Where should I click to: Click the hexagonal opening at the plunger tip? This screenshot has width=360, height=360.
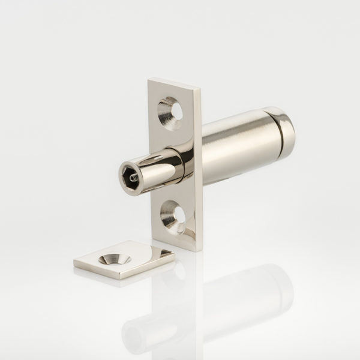(130, 175)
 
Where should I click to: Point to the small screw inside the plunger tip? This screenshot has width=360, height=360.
(133, 176)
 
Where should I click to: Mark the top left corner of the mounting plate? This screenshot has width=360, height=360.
(149, 79)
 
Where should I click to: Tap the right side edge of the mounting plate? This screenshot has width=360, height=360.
(199, 168)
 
